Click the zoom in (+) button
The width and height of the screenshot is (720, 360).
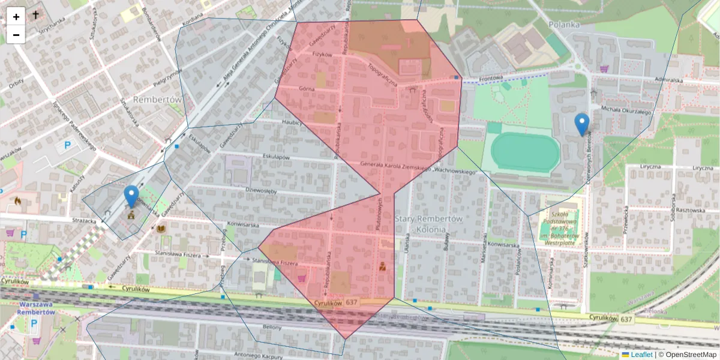[x=16, y=16]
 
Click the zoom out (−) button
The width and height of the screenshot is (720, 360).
[x=16, y=35]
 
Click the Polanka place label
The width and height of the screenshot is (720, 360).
[x=564, y=25]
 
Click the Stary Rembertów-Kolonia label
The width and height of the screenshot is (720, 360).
[x=429, y=224]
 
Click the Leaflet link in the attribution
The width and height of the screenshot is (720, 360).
[x=641, y=355]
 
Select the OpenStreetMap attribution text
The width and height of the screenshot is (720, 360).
[x=690, y=355]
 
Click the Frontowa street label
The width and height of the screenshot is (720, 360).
[x=490, y=77]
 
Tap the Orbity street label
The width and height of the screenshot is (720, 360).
[x=16, y=83]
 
